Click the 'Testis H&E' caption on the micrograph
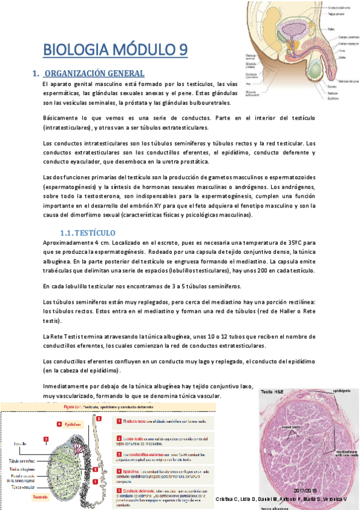[x=275, y=391]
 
